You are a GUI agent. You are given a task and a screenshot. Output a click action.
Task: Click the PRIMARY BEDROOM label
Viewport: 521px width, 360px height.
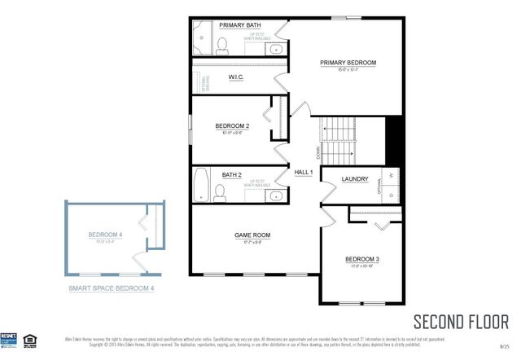[348, 62]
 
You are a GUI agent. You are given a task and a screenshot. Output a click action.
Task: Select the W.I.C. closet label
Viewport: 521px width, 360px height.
[236, 77]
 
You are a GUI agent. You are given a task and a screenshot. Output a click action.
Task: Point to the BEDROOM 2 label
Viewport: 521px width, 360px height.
[232, 125]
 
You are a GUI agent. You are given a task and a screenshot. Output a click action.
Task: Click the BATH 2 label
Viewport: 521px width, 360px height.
[232, 174]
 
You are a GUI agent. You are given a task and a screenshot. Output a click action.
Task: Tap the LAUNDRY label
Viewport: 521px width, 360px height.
[355, 179]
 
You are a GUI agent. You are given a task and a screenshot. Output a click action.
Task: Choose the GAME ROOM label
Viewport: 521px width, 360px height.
[252, 235]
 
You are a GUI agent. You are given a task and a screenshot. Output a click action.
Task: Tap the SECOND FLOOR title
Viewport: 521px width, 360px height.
[461, 320]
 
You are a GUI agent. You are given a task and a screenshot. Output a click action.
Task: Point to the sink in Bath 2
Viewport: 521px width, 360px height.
[275, 195]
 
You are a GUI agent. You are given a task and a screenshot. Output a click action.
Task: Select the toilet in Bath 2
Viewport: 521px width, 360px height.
[220, 192]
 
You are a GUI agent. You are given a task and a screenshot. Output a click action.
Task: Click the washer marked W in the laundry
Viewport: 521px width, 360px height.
[391, 175]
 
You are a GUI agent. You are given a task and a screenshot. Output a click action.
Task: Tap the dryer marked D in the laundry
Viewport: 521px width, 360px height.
[391, 195]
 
